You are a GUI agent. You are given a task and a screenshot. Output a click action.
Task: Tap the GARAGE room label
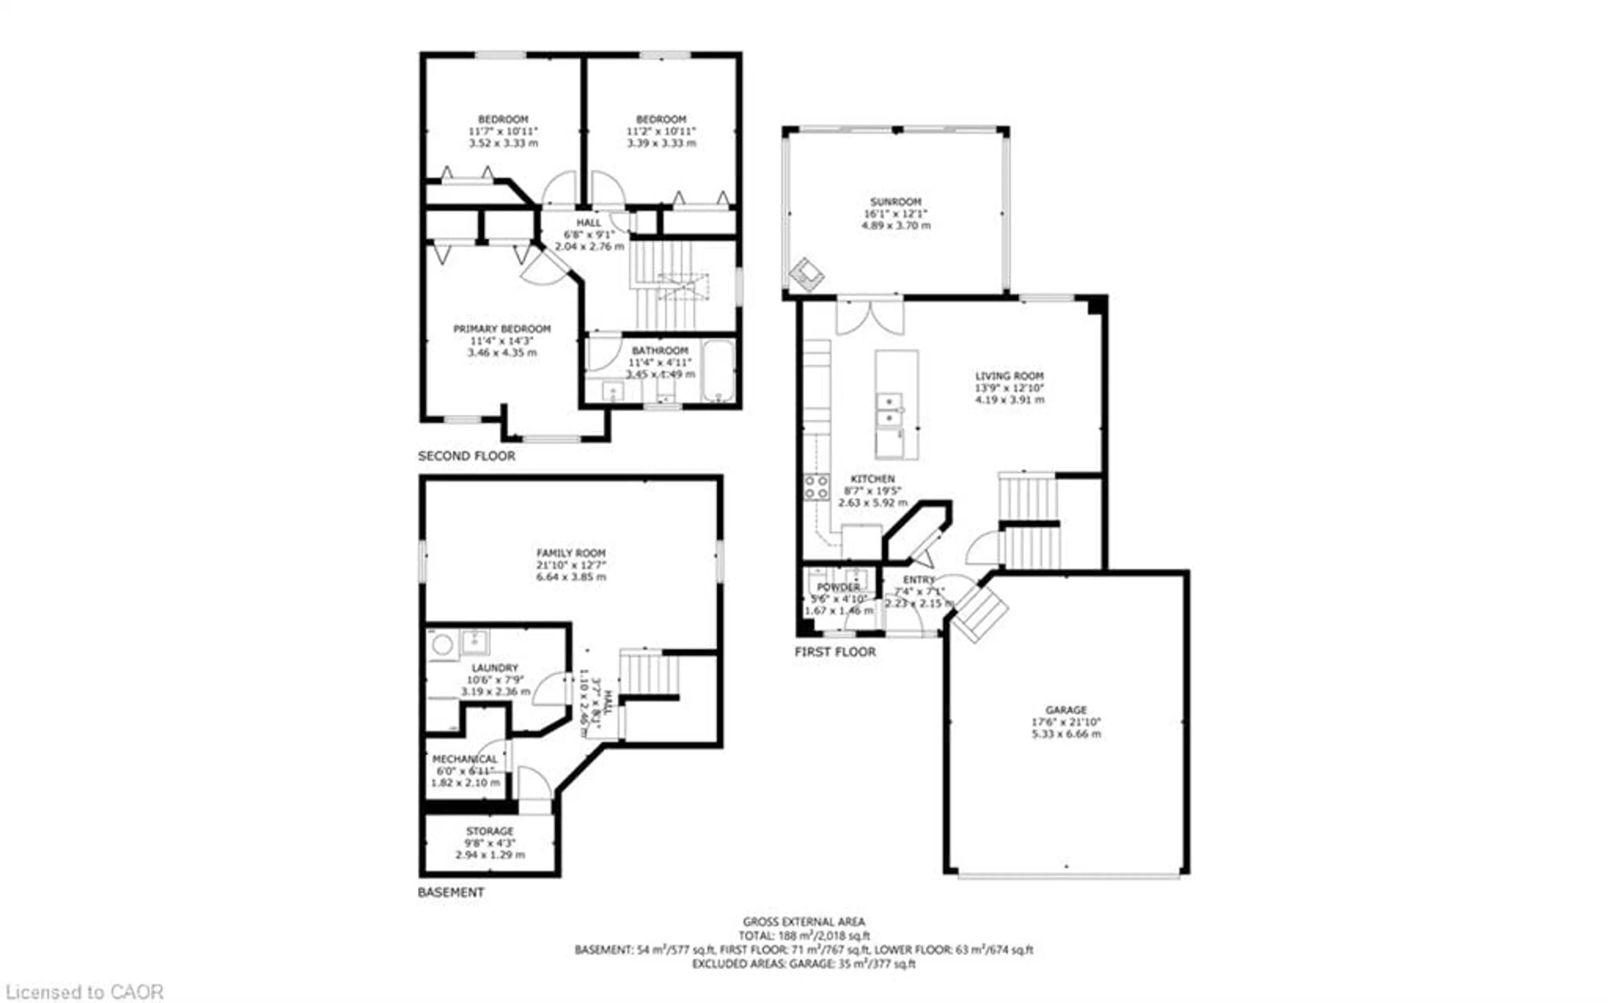[x=1066, y=710]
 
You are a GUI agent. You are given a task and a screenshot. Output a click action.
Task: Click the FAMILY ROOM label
[x=570, y=552]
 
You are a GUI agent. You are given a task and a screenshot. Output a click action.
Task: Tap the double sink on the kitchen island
[x=889, y=410]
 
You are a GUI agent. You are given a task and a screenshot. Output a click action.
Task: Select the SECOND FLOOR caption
[x=466, y=456]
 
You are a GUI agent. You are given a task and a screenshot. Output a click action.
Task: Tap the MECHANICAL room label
[x=464, y=759]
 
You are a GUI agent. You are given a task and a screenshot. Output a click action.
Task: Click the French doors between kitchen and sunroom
[x=869, y=317]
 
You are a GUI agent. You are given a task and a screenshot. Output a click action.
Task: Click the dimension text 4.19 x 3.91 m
[x=1009, y=400]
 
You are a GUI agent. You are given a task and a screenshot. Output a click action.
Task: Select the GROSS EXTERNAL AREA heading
[x=803, y=921]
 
